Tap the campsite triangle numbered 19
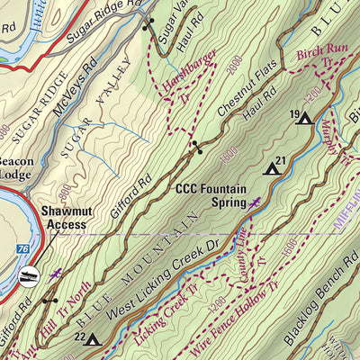305,118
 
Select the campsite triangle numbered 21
272,167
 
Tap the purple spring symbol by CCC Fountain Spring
257,202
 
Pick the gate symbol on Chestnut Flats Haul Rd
194,146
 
